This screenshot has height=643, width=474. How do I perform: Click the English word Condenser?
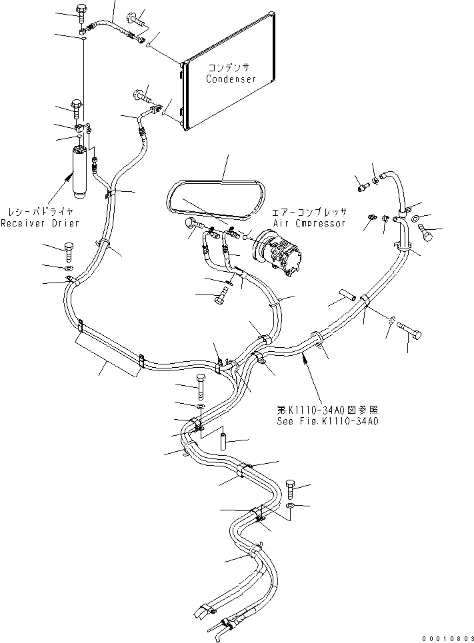click(x=231, y=79)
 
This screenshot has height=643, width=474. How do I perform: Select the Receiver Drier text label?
click(x=39, y=223)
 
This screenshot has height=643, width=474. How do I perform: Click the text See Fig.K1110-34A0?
click(x=327, y=421)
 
